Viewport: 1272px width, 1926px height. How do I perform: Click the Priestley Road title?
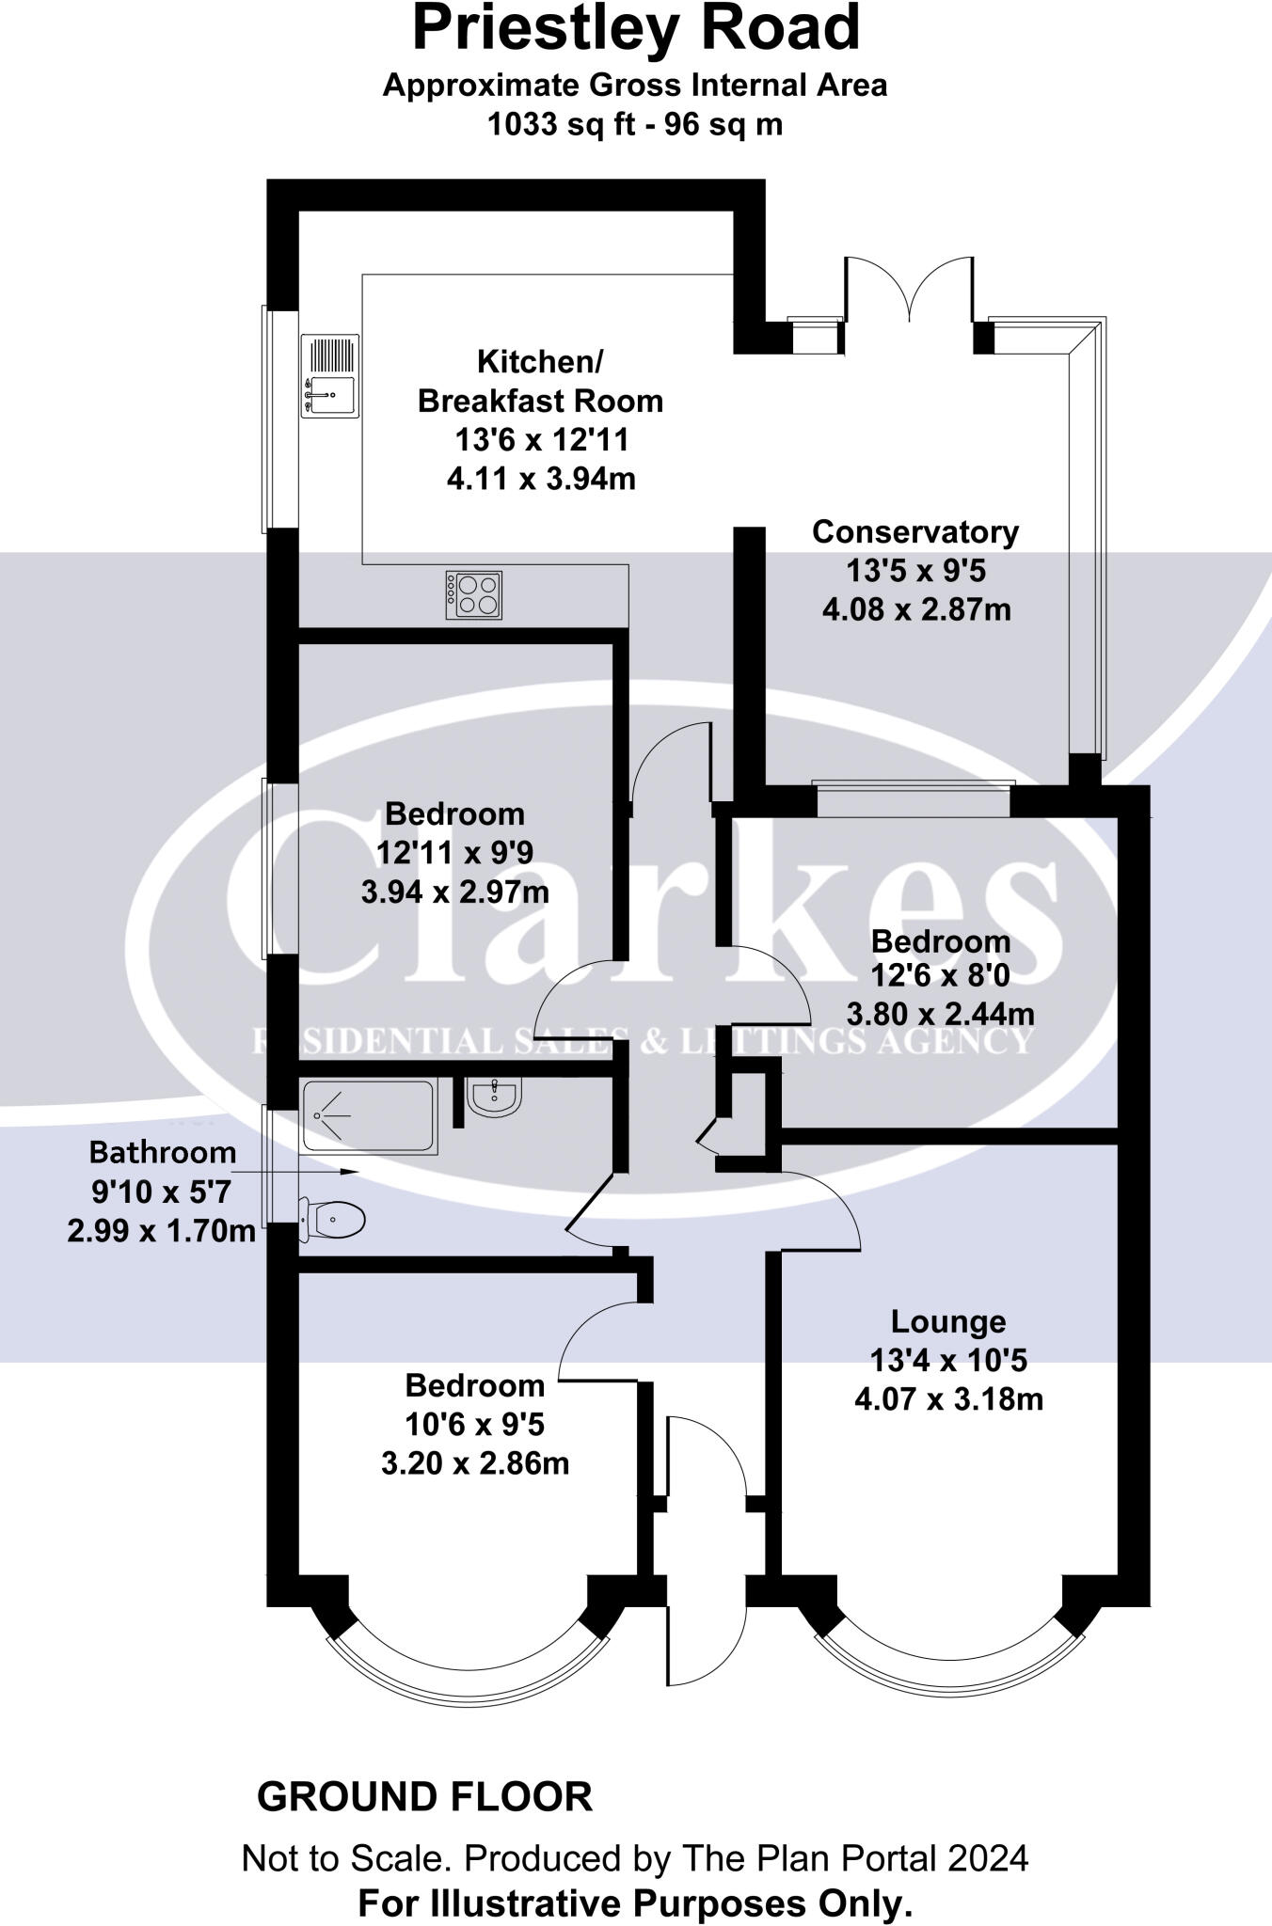coord(636,28)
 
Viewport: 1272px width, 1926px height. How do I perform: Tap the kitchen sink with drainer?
coord(329,376)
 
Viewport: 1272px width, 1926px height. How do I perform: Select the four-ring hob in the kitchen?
coord(474,595)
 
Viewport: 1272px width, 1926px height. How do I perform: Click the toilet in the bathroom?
coord(332,1221)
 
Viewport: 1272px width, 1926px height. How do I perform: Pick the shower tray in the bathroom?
coord(370,1117)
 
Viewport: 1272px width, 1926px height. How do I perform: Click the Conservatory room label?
coord(915,532)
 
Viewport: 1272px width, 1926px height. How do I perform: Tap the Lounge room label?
coord(948,1321)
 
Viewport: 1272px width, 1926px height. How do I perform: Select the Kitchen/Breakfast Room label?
coord(540,381)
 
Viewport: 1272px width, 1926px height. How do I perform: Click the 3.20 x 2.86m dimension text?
coord(475,1464)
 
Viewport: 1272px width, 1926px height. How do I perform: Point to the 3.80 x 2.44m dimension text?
coord(941,1014)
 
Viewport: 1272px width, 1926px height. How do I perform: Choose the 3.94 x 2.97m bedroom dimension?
coord(455,892)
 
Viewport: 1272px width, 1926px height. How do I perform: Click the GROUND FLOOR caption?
coord(425,1797)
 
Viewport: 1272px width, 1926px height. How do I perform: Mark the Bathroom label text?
coord(163,1152)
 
